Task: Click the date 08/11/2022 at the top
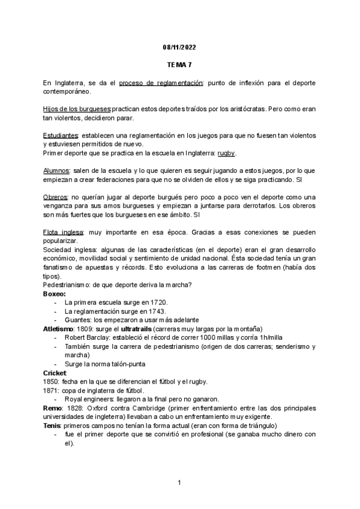click(x=179, y=46)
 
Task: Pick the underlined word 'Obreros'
click(x=55, y=197)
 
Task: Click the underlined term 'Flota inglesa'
click(x=64, y=232)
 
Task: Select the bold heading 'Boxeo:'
click(x=53, y=294)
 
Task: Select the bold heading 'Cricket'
click(x=55, y=373)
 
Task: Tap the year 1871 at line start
click(x=51, y=390)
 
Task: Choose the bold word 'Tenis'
click(x=52, y=426)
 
